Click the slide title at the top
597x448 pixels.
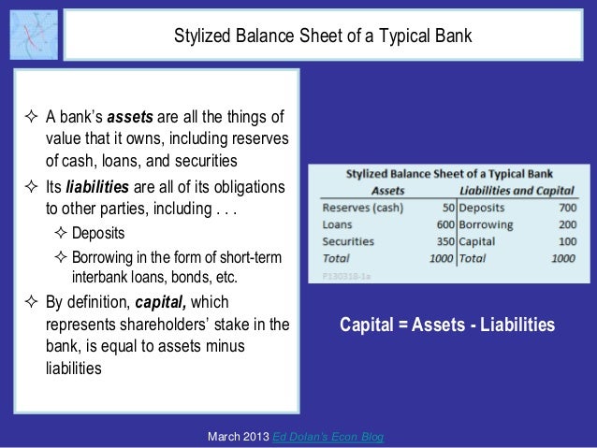point(324,36)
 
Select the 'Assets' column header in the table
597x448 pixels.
point(384,190)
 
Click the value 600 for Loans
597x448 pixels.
point(443,224)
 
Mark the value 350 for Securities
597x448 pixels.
point(443,240)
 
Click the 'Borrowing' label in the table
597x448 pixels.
point(486,224)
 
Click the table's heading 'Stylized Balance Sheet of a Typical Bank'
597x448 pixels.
point(449,174)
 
